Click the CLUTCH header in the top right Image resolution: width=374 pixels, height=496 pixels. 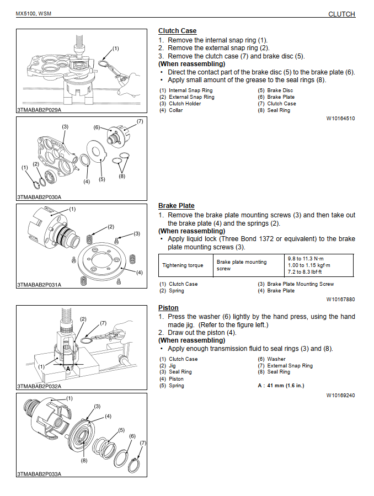(341, 14)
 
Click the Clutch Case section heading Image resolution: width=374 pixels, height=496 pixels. (177, 31)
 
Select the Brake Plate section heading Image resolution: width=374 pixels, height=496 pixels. (176, 206)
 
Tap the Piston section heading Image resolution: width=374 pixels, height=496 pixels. (168, 308)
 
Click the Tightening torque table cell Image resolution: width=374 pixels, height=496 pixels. (183, 265)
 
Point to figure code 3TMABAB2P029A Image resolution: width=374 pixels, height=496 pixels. (39, 110)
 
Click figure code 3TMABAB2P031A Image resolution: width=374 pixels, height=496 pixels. (39, 285)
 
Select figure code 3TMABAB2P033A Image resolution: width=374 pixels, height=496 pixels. (39, 473)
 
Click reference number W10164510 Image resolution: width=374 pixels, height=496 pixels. (340, 118)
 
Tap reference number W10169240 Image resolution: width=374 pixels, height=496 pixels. (340, 395)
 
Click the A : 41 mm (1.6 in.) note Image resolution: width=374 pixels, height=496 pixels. (281, 385)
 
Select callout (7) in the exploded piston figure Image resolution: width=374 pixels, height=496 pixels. (143, 443)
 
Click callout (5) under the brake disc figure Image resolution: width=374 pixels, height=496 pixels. (101, 180)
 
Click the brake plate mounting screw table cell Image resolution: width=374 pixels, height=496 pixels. (242, 265)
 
